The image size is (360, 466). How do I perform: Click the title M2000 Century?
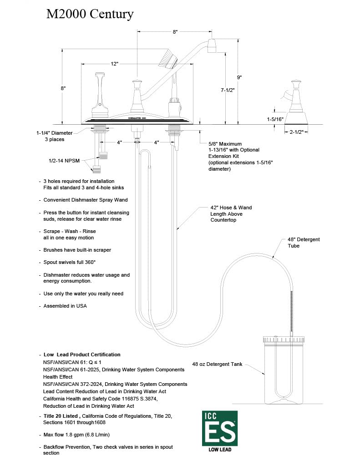(x=90, y=14)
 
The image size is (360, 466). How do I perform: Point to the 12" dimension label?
(x=114, y=64)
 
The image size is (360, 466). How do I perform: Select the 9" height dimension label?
(x=239, y=77)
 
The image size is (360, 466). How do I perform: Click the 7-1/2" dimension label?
(x=227, y=91)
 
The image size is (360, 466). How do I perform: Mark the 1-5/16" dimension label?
(x=275, y=119)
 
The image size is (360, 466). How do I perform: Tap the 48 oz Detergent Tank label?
(x=217, y=365)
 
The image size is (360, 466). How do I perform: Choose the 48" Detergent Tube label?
(x=304, y=243)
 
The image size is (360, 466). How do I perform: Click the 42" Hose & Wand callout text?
(x=230, y=214)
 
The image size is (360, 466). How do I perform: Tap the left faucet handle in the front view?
(x=99, y=91)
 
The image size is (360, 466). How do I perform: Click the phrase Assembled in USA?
(x=65, y=306)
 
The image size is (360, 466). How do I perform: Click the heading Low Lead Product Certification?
(x=82, y=355)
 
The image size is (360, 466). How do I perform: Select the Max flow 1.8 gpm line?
(x=76, y=435)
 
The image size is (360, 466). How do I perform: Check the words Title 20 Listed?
(x=62, y=416)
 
